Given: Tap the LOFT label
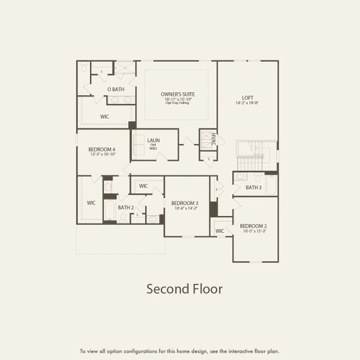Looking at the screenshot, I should point(247,97).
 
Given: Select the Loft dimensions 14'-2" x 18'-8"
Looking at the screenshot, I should point(247,103).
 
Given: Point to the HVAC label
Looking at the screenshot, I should point(212,139).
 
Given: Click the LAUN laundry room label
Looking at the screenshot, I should point(153,141).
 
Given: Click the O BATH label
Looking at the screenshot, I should point(116,89).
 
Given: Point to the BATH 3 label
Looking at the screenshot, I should point(254,187).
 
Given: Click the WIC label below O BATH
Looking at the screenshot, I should point(104,116).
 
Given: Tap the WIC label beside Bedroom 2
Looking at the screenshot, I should point(220,231).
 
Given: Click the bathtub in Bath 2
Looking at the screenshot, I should point(109,210).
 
